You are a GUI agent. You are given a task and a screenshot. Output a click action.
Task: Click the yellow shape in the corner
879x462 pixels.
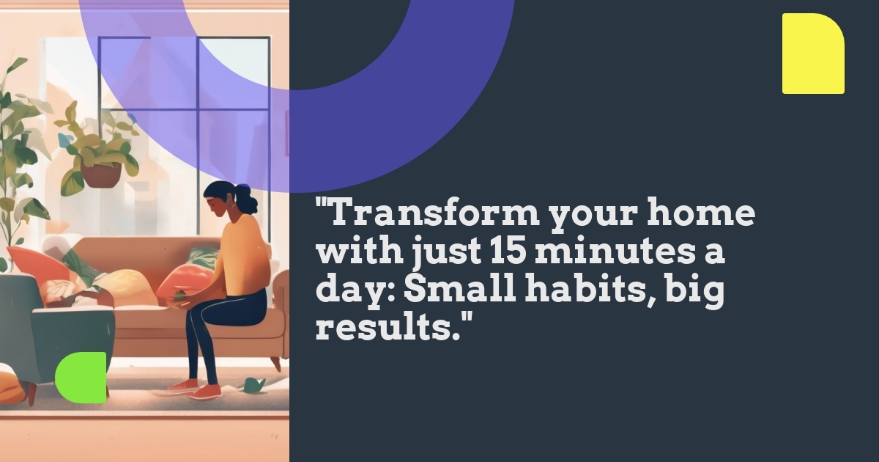[x=813, y=54]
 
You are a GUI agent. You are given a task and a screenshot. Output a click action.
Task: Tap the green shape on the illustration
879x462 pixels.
[x=81, y=378]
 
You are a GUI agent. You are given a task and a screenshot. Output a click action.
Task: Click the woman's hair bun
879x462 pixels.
[x=244, y=193]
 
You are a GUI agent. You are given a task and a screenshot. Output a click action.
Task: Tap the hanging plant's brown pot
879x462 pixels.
[x=101, y=174]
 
